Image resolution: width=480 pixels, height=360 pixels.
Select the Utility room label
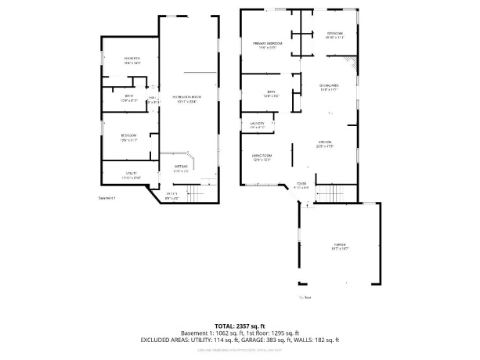(131, 175)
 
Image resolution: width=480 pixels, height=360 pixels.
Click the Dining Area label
(329, 87)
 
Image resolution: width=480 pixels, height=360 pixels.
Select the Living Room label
(261, 157)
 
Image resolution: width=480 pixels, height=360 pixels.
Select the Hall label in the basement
(153, 100)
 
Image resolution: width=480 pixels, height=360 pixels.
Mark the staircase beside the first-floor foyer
(334, 192)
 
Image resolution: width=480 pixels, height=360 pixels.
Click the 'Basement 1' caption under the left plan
(106, 198)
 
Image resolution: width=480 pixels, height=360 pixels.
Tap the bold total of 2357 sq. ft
(240, 326)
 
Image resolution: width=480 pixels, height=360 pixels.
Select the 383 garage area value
(265, 340)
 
